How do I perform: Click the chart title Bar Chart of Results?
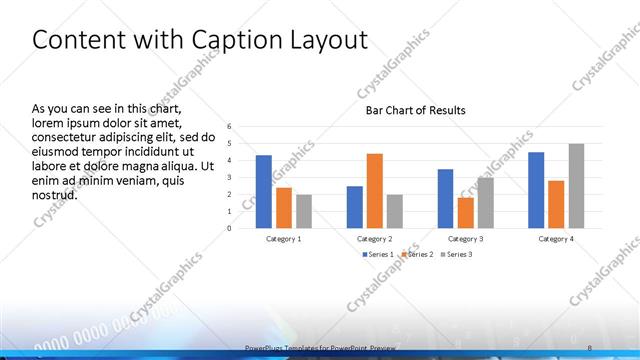click(x=415, y=110)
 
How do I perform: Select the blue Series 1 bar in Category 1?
click(x=263, y=191)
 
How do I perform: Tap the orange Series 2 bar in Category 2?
click(x=375, y=190)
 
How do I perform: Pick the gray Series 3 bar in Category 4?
click(x=576, y=185)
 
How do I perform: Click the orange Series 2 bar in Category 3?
click(x=465, y=212)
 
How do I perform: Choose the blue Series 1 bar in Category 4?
click(x=536, y=189)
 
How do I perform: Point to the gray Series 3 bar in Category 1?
click(x=304, y=211)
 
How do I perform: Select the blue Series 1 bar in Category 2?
click(x=355, y=206)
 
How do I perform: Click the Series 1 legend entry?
click(x=378, y=254)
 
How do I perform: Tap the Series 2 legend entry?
click(x=418, y=254)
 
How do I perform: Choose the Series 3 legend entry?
click(x=457, y=254)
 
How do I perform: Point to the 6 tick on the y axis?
click(x=229, y=127)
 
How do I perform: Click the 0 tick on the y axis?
click(x=229, y=228)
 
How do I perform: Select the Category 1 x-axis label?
click(x=283, y=239)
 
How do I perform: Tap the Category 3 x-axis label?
click(x=465, y=239)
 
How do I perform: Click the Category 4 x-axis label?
click(x=556, y=239)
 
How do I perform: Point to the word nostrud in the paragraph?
click(x=55, y=194)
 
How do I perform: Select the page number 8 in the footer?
click(x=589, y=345)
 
